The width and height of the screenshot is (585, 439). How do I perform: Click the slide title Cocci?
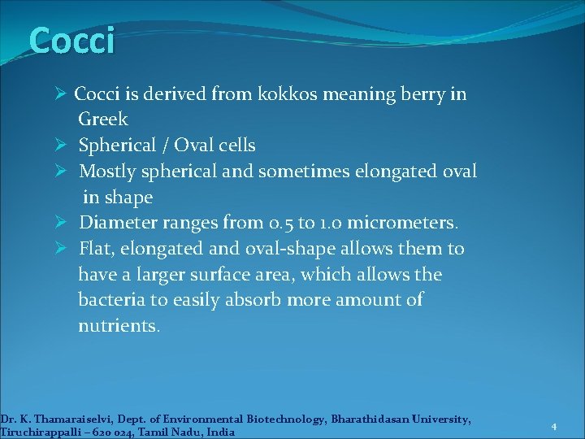pyautogui.click(x=71, y=41)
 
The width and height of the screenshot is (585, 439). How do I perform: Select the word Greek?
pyautogui.click(x=103, y=120)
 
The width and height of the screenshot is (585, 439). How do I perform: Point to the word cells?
pyautogui.click(x=233, y=146)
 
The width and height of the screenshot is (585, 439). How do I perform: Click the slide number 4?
pyautogui.click(x=553, y=427)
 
